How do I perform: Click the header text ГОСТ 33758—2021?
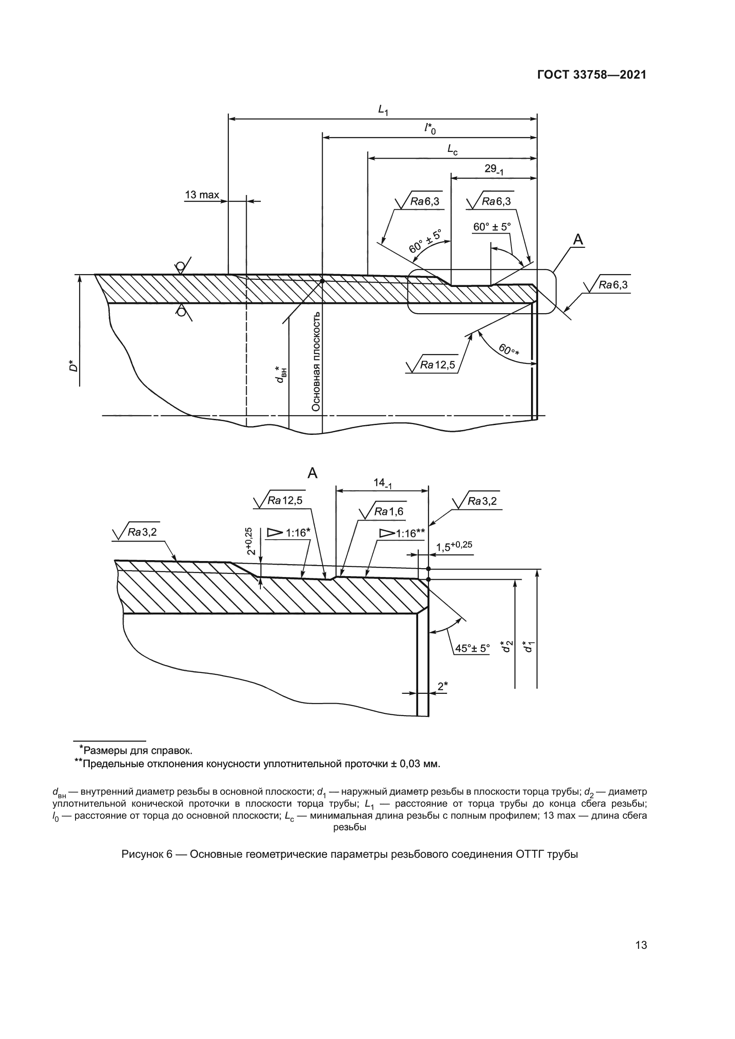tap(591, 75)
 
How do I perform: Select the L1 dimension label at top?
tap(383, 110)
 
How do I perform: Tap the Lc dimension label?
tap(452, 149)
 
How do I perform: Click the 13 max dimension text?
tap(201, 195)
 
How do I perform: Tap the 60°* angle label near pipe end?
tap(509, 349)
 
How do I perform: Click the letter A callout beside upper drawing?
tap(578, 240)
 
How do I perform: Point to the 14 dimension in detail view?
tap(382, 483)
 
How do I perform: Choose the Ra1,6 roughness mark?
tap(388, 511)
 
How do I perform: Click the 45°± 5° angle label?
tap(472, 649)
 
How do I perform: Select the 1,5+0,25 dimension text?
tap(454, 546)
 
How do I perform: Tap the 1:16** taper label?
tap(410, 533)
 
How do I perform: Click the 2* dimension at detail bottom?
tap(442, 686)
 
